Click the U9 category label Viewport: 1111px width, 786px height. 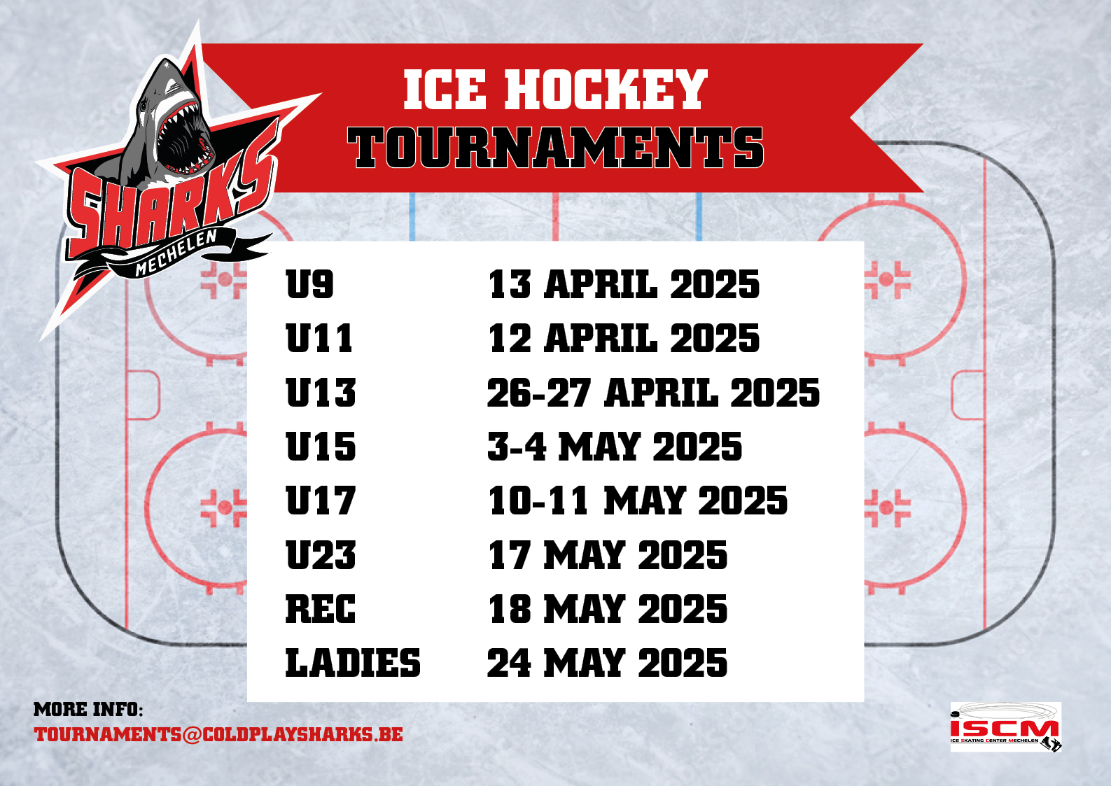coord(309,283)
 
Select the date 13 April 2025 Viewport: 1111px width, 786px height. coord(624,283)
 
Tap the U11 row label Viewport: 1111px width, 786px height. coord(319,338)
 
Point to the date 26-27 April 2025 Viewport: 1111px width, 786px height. coord(653,392)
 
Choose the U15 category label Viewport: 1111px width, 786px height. coord(321,446)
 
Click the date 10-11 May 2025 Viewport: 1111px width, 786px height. coord(637,500)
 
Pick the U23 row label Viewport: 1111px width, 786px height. coord(321,554)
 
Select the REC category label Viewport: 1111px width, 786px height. coord(321,608)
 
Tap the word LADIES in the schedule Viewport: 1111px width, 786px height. coord(353,663)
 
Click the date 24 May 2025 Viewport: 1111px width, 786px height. coord(607,663)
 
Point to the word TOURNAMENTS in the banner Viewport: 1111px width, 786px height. coord(555,147)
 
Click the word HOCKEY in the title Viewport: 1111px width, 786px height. coord(606,90)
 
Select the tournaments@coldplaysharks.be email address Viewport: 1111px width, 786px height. coord(218,734)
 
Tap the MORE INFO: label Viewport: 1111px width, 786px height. coord(88,710)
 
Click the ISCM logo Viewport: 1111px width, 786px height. coord(1006,727)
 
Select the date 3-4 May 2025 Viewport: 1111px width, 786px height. coord(615,446)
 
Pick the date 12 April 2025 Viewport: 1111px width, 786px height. coord(624,338)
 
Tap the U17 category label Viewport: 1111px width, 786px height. coord(321,500)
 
